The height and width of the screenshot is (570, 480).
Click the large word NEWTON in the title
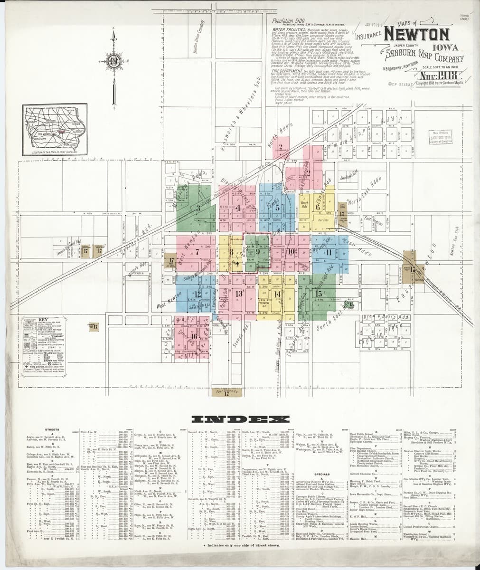417,35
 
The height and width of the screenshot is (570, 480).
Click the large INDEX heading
240,419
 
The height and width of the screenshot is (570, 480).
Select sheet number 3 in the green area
198,208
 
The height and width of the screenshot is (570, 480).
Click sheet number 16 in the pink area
194,336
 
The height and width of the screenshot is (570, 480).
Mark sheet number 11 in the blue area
328,252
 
